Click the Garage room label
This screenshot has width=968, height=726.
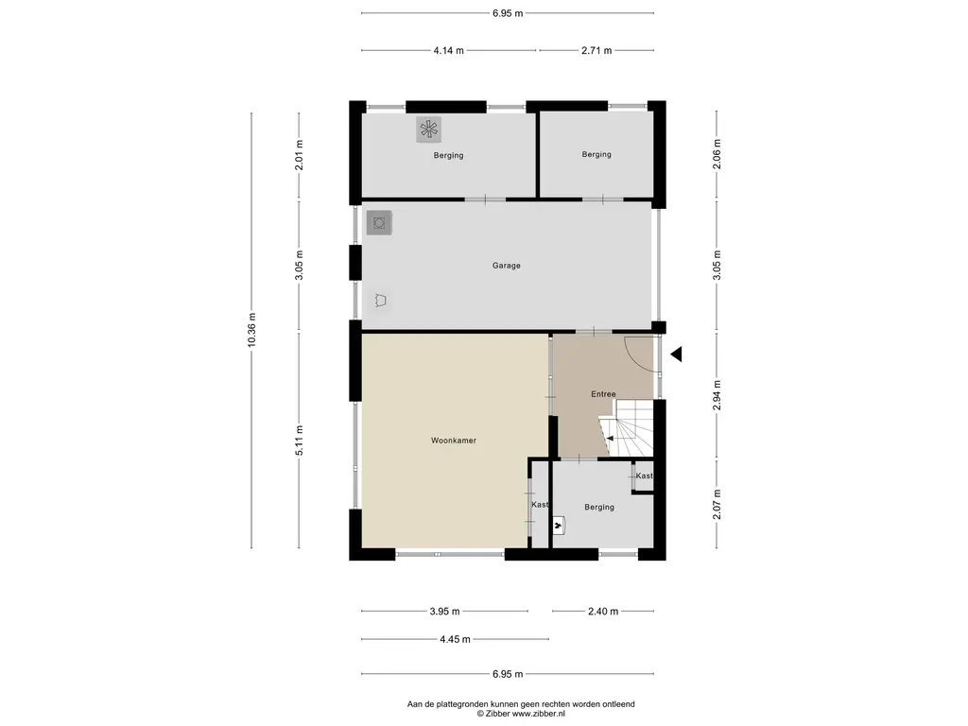[507, 266]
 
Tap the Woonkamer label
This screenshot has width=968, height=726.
[454, 441]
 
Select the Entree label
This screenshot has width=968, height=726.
[603, 394]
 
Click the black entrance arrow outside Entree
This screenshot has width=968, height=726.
[676, 354]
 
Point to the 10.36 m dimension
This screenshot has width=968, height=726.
[251, 330]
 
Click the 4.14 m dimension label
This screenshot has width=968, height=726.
[449, 51]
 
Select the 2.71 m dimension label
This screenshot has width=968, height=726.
[596, 51]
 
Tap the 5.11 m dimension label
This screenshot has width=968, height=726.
[300, 441]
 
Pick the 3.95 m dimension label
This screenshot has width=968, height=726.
[444, 612]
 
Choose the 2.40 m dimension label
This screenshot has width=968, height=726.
[603, 612]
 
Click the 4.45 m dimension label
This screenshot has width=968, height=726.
[455, 640]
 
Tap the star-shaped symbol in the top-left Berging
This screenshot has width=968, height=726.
[428, 130]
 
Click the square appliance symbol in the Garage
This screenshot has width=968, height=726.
[379, 223]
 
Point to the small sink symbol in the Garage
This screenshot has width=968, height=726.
[381, 301]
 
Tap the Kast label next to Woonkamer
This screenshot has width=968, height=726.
[540, 505]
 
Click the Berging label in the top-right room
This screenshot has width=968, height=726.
[596, 154]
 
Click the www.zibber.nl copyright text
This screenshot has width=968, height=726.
[521, 714]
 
